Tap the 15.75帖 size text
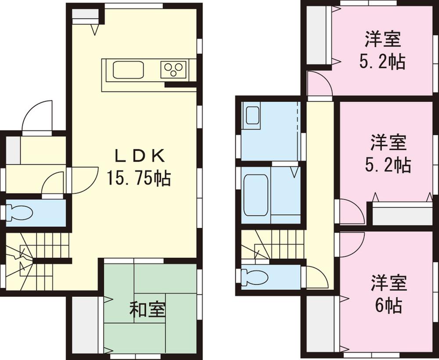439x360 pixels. pyautogui.click(x=138, y=178)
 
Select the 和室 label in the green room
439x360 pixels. pyautogui.click(x=147, y=310)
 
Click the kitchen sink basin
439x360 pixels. pyautogui.click(x=128, y=70)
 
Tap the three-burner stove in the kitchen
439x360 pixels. pyautogui.click(x=173, y=70)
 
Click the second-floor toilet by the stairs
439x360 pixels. pyautogui.click(x=255, y=276)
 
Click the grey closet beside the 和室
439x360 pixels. pyautogui.click(x=85, y=322)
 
